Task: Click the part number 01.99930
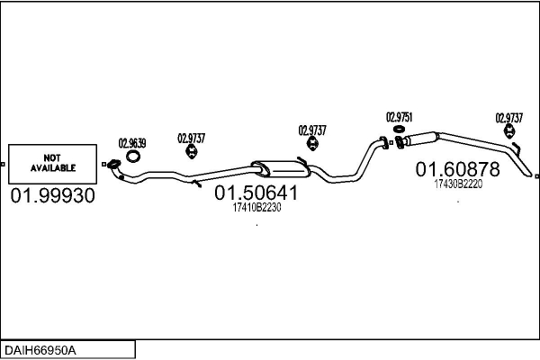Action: click(52, 195)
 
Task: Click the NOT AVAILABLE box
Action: click(53, 162)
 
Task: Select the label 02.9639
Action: click(132, 142)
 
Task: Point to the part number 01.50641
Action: click(256, 193)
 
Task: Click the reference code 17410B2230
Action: click(257, 207)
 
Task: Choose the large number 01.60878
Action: click(456, 168)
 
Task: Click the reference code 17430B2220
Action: click(458, 183)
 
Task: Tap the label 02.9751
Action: click(400, 117)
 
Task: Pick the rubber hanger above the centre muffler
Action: click(312, 146)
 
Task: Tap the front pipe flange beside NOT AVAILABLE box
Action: click(113, 164)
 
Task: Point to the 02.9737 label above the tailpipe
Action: click(510, 117)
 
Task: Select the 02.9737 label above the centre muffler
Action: click(312, 130)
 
